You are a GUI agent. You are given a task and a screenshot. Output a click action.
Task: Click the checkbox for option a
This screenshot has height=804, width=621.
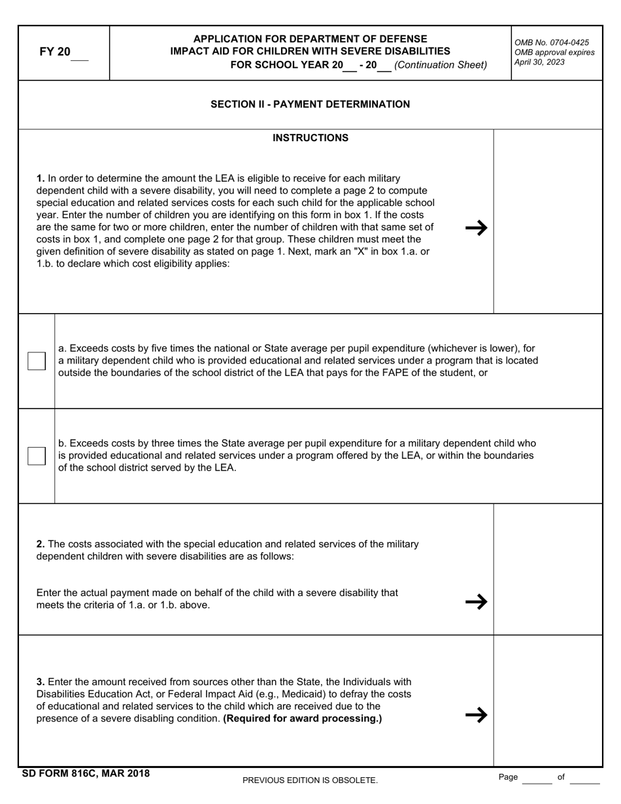coord(37,361)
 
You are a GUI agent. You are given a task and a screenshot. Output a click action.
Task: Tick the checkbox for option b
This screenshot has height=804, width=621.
coord(37,456)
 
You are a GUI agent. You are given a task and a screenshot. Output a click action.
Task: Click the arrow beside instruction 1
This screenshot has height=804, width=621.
coord(476,228)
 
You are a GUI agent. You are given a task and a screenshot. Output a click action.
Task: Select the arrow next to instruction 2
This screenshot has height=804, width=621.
coord(476,601)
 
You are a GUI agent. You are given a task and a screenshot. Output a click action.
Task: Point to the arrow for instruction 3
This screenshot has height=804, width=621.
coord(476,714)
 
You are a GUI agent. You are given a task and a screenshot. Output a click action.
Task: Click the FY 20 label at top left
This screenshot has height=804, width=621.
coord(55,52)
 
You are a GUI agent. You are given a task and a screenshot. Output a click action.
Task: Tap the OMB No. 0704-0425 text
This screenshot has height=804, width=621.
coord(551,42)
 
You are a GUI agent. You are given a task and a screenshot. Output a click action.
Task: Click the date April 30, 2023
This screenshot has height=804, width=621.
coord(539,63)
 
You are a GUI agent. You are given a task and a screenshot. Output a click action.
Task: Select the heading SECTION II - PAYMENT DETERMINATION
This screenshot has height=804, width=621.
coord(310,105)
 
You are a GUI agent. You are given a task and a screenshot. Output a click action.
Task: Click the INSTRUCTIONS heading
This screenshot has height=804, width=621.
coord(310,138)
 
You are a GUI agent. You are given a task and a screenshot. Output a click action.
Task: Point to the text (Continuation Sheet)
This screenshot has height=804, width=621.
coord(441,65)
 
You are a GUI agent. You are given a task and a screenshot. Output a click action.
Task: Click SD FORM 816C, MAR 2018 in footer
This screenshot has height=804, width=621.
coord(86,774)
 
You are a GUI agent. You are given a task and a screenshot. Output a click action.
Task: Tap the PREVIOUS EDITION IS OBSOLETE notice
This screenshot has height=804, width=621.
coord(310,780)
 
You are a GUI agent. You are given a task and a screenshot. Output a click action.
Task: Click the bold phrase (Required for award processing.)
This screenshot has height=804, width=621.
coord(303,719)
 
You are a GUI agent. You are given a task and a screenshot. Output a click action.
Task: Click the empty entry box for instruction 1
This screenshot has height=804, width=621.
coord(547,222)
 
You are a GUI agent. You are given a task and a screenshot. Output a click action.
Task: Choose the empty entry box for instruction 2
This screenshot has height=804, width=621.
coord(547,569)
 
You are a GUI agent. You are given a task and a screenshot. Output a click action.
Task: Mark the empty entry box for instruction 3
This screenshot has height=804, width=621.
coord(547,700)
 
